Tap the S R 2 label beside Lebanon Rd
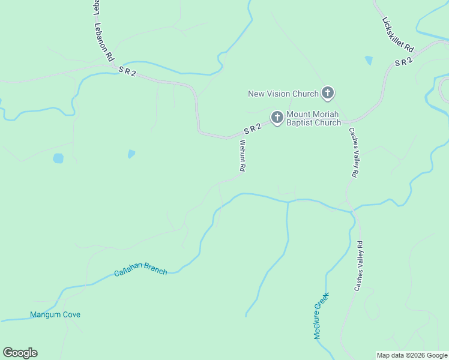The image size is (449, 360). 127,71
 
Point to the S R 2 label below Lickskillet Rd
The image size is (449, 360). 403,62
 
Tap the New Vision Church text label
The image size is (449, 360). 284,94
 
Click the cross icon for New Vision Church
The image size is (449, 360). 328,93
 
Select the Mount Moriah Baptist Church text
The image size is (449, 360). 313,118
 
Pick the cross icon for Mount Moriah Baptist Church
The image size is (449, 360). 277,118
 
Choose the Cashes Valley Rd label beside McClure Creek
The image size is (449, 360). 358,266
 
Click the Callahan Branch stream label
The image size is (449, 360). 140,271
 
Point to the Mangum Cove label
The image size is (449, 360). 55,314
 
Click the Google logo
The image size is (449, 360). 20,353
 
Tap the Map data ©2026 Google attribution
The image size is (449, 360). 412,355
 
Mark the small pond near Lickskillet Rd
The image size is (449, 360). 369,60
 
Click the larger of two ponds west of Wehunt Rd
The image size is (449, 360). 58,158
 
